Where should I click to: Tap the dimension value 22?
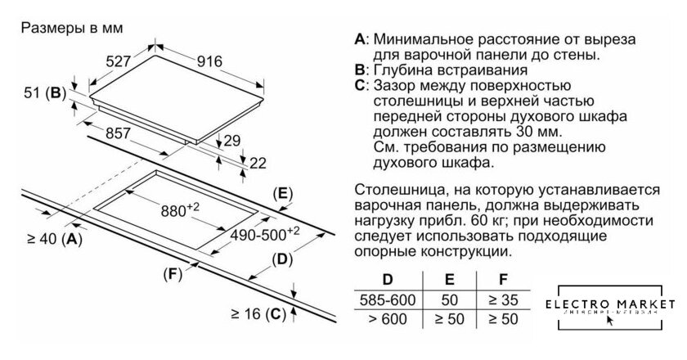coord(258,163)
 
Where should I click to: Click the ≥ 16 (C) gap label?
coord(256,313)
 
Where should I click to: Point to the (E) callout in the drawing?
coord(281,194)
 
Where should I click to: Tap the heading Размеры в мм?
coord(71,27)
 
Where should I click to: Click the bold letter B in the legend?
coord(359,70)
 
